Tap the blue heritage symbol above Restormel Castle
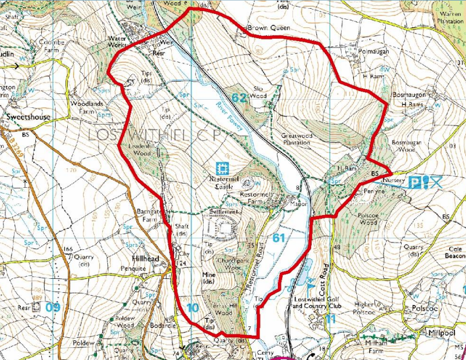pos(221,169)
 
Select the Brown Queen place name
pos(268,27)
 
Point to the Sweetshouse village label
pos(28,117)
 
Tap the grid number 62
pos(239,97)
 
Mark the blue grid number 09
pos(53,307)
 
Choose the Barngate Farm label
pos(149,214)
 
